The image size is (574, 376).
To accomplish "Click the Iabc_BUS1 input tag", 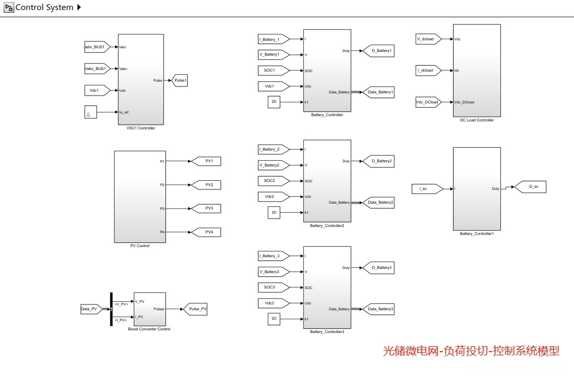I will click(x=96, y=47).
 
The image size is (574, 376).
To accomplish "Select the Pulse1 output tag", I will click(x=181, y=80).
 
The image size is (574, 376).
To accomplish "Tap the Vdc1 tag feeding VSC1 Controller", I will click(x=96, y=90).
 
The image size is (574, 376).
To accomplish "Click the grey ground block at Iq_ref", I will click(x=91, y=112).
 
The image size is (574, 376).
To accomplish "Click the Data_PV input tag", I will click(x=90, y=309).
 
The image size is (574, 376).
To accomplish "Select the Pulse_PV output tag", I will click(x=196, y=309).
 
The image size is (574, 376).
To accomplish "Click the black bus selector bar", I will click(x=111, y=309).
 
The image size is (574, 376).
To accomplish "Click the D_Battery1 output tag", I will click(x=379, y=51).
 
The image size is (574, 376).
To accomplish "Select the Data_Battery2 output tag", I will click(x=379, y=202).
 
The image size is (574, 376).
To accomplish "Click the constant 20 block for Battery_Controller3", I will click(x=274, y=319).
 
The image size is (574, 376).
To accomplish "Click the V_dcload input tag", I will click(x=427, y=39).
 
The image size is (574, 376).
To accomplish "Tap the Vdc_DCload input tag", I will click(x=427, y=102).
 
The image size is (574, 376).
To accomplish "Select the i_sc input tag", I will click(x=426, y=188).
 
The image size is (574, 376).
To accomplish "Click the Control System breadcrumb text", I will click(x=45, y=7).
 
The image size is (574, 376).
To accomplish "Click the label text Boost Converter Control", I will click(x=149, y=329).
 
